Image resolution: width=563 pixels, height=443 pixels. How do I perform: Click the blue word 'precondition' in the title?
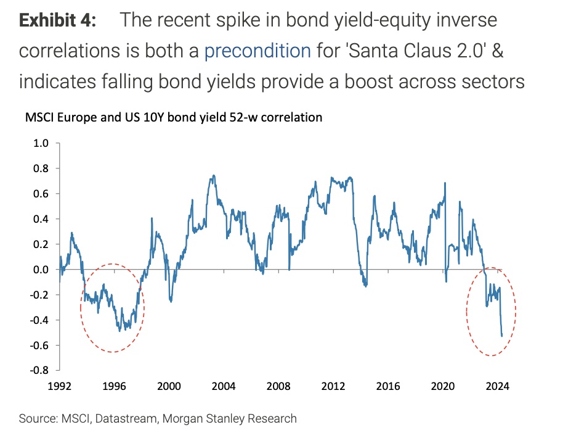[257, 50]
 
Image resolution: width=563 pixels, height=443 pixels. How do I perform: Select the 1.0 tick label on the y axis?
[41, 143]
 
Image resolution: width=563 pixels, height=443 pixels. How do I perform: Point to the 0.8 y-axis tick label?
[41, 168]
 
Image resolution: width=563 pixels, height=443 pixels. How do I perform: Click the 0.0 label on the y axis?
[41, 270]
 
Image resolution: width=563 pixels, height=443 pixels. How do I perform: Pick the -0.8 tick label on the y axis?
[39, 370]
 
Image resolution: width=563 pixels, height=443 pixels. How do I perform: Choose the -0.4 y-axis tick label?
[39, 320]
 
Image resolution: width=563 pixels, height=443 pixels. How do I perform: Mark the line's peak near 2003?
[213, 175]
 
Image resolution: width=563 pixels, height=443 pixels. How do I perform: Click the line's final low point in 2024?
[501, 336]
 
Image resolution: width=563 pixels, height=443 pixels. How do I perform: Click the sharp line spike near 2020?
[445, 183]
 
